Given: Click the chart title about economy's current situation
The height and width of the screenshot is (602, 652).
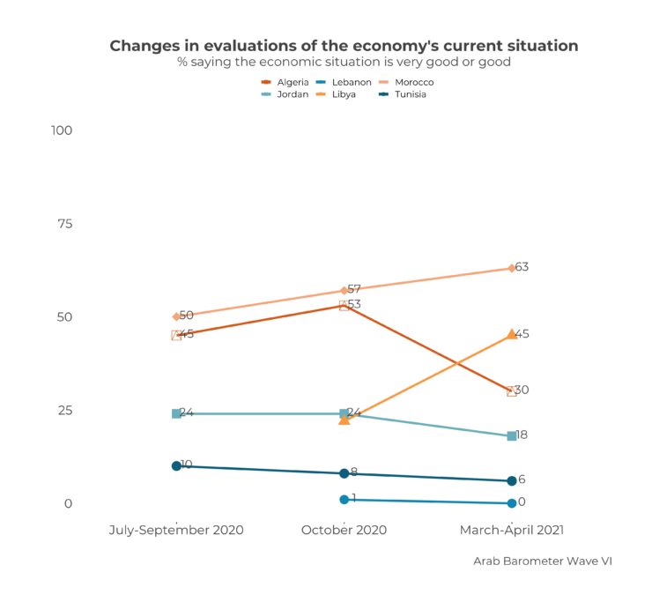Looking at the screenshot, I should click(x=344, y=46).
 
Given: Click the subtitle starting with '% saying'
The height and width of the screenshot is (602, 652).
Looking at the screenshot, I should click(x=344, y=63).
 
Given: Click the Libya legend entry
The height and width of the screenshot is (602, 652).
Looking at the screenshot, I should click(x=344, y=94).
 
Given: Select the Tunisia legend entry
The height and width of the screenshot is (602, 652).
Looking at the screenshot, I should click(x=411, y=94).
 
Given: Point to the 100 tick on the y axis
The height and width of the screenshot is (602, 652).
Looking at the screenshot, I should click(x=62, y=130).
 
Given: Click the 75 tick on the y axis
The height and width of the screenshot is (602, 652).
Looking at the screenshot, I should click(x=65, y=224).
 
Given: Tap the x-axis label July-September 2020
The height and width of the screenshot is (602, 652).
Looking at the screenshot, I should click(x=176, y=531).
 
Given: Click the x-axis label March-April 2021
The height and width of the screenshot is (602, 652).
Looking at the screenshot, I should click(x=512, y=531).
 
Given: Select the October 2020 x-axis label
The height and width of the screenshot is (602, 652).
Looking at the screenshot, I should click(x=344, y=531).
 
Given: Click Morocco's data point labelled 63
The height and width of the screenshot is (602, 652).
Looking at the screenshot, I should click(x=512, y=268).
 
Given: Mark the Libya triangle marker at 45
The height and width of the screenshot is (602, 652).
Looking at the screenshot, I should click(x=512, y=335).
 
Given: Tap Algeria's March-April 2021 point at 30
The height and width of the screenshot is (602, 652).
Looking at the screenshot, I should click(x=512, y=391).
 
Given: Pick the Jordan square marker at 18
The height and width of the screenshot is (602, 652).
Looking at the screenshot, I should click(x=512, y=436).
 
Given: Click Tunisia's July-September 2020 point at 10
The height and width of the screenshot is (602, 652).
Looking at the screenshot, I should click(x=176, y=466).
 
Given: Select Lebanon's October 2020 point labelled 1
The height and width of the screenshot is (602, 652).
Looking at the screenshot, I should click(x=344, y=500).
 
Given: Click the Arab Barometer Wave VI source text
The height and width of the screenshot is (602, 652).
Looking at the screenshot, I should click(x=542, y=561).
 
